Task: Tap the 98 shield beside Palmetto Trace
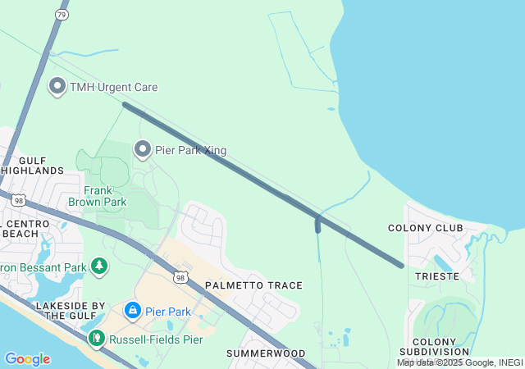tap(182, 278)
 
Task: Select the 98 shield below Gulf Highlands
tap(19, 199)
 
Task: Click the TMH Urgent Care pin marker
tap(57, 85)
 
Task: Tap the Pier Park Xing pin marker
tap(143, 148)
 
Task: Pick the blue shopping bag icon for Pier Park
tap(132, 310)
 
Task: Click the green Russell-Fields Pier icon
tap(96, 336)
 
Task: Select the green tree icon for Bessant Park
tap(99, 266)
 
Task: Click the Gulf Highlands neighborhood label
tap(33, 164)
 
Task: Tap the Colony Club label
tap(426, 228)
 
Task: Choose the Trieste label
tap(437, 276)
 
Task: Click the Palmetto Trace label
tap(253, 285)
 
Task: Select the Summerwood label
tap(266, 353)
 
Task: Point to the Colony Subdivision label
tap(441, 347)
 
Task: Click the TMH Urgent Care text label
tap(113, 87)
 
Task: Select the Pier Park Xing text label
tap(190, 151)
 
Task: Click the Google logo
tap(27, 359)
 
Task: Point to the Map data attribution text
tap(460, 362)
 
